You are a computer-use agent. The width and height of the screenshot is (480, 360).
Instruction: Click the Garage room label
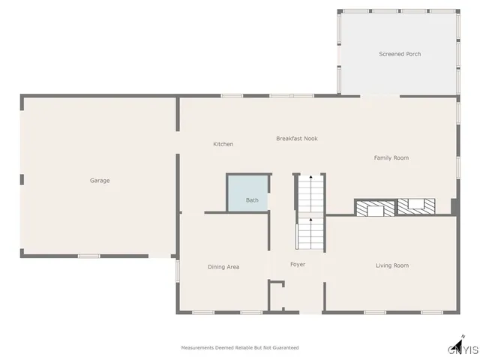click(x=100, y=180)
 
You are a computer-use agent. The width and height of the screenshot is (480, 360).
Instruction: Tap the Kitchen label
click(x=223, y=144)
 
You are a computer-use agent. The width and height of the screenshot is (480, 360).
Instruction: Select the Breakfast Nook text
click(x=297, y=139)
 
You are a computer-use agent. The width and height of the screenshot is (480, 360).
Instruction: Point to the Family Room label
click(x=391, y=157)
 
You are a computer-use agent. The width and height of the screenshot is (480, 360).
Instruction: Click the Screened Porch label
click(x=399, y=54)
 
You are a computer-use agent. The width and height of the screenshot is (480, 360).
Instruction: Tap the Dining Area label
click(x=223, y=267)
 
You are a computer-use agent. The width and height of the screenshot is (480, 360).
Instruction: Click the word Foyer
click(x=298, y=265)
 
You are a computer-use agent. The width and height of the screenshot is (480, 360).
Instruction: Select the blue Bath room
click(x=248, y=193)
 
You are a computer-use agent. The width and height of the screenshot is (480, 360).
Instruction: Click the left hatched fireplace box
click(x=374, y=208)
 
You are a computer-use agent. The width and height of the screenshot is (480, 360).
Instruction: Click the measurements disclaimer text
click(x=240, y=348)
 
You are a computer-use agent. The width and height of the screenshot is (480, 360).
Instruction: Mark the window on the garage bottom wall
click(x=89, y=256)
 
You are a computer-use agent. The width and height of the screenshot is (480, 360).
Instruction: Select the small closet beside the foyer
click(x=277, y=295)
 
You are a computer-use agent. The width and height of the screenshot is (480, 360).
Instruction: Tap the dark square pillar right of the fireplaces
click(x=454, y=205)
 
